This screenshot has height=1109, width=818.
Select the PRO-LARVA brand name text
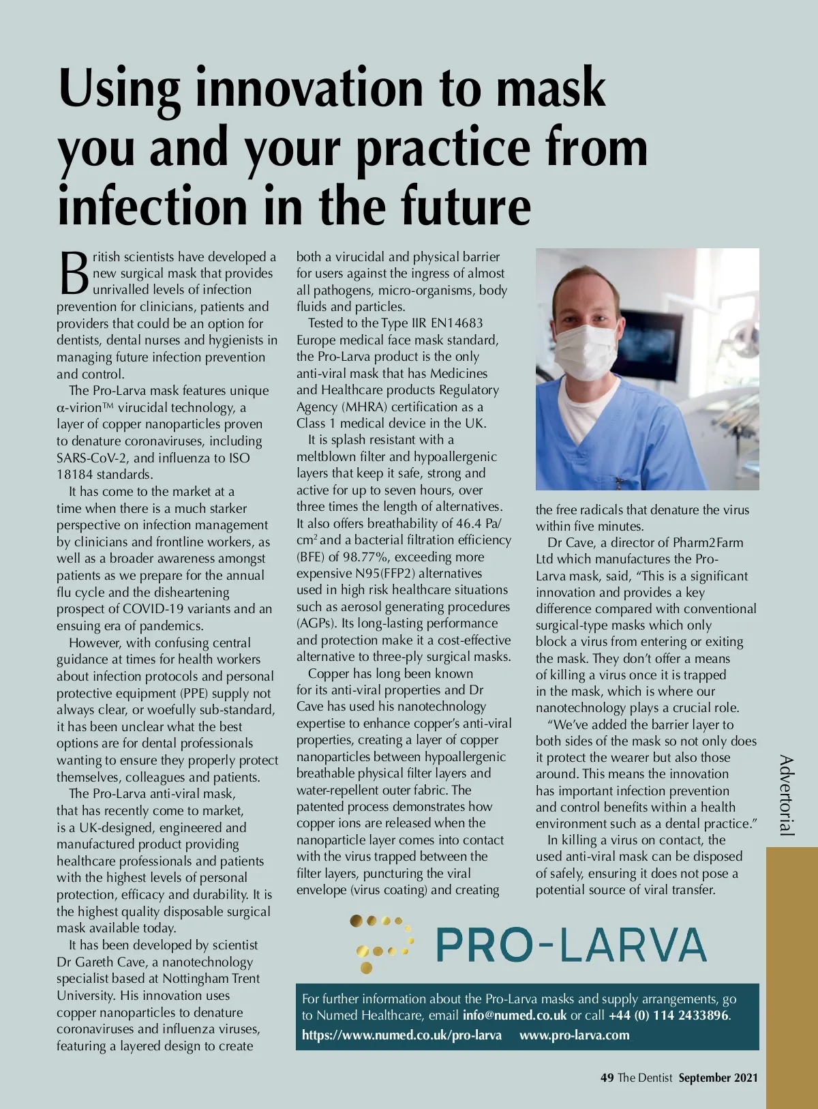[571, 945]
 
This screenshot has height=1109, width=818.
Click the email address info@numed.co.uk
[514, 1015]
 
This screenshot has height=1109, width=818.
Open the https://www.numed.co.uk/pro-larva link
[402, 1035]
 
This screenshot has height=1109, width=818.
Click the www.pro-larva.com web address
[574, 1035]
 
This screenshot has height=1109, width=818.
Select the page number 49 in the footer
[607, 1078]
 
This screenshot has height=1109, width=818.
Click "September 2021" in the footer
[718, 1078]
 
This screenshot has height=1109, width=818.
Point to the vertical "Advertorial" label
[787, 795]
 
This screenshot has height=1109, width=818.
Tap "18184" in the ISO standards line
[75, 474]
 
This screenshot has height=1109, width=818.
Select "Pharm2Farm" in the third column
[708, 542]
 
